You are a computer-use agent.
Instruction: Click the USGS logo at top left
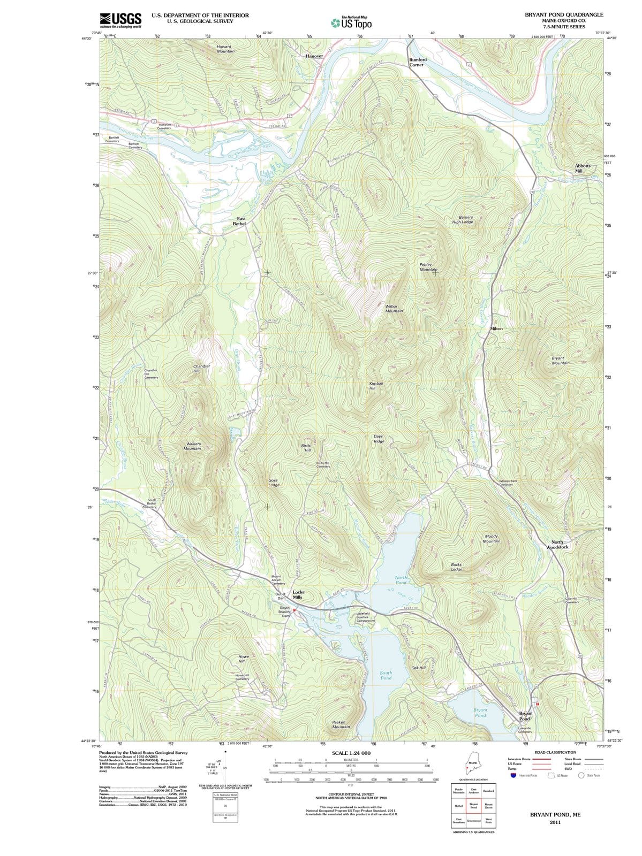[120, 20]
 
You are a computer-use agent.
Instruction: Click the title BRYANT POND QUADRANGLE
[564, 15]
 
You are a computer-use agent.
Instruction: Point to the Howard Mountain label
[225, 49]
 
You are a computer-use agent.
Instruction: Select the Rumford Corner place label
[418, 62]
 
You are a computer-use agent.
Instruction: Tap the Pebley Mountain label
[428, 267]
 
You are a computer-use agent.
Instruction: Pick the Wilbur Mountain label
[394, 309]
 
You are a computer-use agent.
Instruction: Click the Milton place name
[496, 328]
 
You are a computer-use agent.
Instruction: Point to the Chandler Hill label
[201, 368]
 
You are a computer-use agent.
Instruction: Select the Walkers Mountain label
[192, 446]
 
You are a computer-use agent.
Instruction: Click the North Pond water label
[402, 580]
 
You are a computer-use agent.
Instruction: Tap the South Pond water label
[386, 675]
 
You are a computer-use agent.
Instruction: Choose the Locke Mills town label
[298, 594]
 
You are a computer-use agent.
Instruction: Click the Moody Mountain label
[492, 538]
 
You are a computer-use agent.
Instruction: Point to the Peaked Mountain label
[341, 724]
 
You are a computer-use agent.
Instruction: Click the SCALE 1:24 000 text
[351, 753]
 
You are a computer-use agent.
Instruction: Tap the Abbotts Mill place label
[583, 168]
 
